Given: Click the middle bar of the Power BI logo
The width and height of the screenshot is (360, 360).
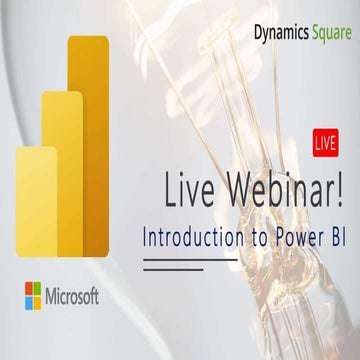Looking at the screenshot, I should coord(62,170).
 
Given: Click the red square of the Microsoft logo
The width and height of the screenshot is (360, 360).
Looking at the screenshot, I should coord(28,289).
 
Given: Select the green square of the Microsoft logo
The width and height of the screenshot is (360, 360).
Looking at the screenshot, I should coord(38,289).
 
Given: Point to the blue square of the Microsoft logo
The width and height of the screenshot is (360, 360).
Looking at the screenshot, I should coord(28,300).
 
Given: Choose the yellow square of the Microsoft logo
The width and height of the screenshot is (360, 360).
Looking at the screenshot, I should coord(38,300).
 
